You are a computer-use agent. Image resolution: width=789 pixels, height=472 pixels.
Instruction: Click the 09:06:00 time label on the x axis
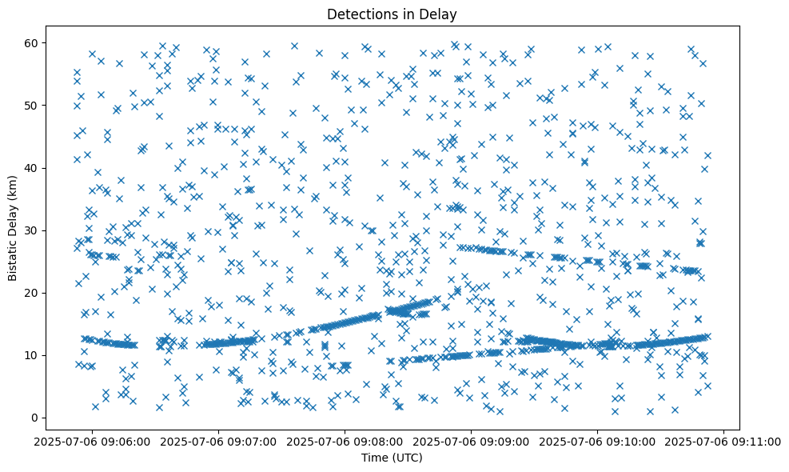pos(93,441)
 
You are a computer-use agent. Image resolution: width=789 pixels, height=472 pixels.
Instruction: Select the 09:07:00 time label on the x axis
pos(219,441)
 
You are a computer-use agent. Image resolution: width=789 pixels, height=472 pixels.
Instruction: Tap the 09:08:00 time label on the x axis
pos(345,441)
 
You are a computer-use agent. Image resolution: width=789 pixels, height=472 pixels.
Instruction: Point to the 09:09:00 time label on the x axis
pos(472,441)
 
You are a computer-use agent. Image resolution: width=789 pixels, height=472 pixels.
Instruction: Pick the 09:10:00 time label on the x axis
pos(598,441)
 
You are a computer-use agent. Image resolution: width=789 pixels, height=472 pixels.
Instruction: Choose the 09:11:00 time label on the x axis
pos(724,441)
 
